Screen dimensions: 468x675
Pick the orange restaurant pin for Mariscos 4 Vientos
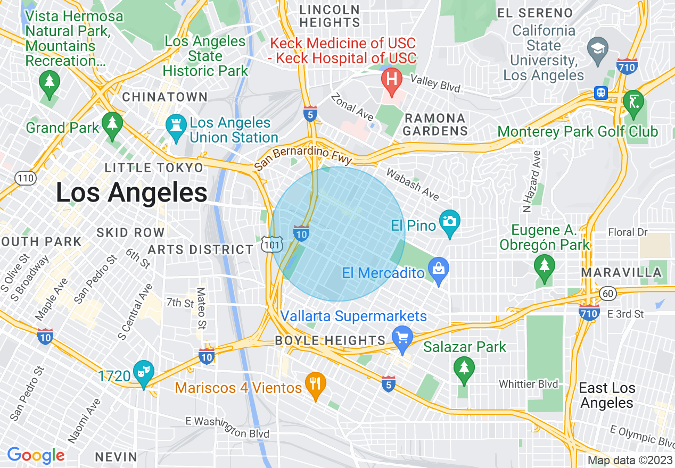click(x=316, y=384)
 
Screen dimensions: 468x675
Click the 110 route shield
click(x=26, y=178)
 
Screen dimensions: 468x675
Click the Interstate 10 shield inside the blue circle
click(x=301, y=232)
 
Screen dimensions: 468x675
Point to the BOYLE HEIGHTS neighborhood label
click(x=330, y=340)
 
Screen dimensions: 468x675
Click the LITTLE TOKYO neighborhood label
click(x=154, y=168)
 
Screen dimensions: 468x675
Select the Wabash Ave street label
click(x=413, y=185)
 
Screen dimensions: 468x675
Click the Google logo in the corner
click(x=36, y=455)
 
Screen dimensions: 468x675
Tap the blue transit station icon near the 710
click(x=601, y=93)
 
